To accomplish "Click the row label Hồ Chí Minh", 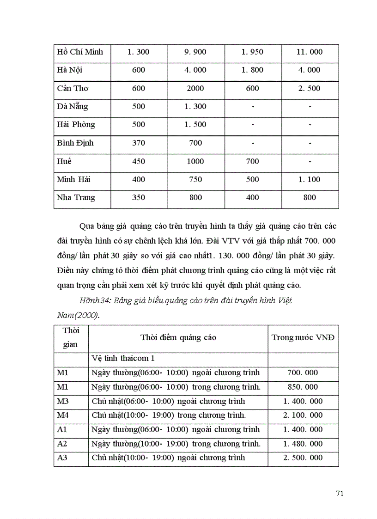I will click(80, 52).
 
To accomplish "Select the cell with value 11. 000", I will click(310, 52).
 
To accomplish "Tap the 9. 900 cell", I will click(195, 52).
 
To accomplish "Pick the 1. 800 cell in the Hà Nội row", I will click(252, 70).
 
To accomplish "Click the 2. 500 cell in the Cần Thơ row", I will click(310, 88).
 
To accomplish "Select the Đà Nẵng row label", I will click(73, 107).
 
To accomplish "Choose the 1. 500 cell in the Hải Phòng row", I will click(195, 125).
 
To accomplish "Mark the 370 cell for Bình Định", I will click(139, 143).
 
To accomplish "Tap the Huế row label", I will click(65, 162).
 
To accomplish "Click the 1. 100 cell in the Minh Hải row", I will click(310, 180).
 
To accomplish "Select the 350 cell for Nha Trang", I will click(139, 198).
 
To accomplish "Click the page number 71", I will click(340, 494).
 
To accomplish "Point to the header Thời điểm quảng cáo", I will click(178, 337).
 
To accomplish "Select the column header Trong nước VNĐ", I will click(303, 337).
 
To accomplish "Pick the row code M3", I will click(62, 401).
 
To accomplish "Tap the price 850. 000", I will click(303, 387).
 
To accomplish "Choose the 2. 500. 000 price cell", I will click(303, 458).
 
